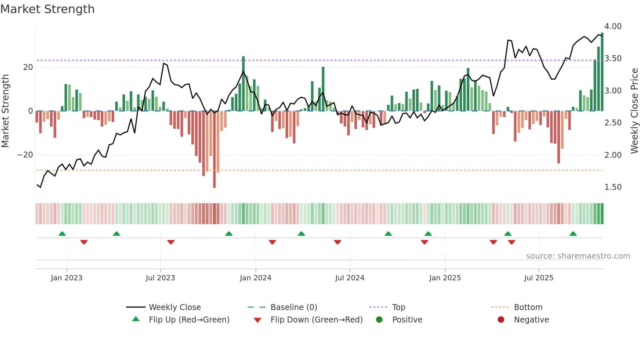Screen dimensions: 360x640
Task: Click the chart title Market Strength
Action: coord(47,9)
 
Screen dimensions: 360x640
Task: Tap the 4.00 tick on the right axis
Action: coord(613,26)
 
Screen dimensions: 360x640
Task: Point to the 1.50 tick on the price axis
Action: coord(613,187)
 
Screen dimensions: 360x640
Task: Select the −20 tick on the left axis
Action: coord(25,155)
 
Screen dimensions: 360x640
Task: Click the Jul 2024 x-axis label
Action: coord(349,278)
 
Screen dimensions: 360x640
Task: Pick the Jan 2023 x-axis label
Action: coord(67,278)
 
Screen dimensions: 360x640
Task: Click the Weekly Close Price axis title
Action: coord(634,111)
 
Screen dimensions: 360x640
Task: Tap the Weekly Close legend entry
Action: coord(174,307)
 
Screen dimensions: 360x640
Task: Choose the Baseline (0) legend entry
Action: coord(294,307)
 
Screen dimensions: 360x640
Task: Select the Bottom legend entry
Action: coord(528,307)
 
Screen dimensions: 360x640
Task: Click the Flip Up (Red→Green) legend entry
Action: coord(189,320)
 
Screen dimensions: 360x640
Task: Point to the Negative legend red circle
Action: coord(501,319)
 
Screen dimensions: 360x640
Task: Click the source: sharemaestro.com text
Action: coord(578,256)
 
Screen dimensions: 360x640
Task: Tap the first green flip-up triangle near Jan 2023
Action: coord(62,234)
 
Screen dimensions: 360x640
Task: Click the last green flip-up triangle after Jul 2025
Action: coord(573,234)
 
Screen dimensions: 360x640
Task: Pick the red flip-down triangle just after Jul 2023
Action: coord(171,242)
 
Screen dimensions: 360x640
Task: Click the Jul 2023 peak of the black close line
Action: coord(164,63)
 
